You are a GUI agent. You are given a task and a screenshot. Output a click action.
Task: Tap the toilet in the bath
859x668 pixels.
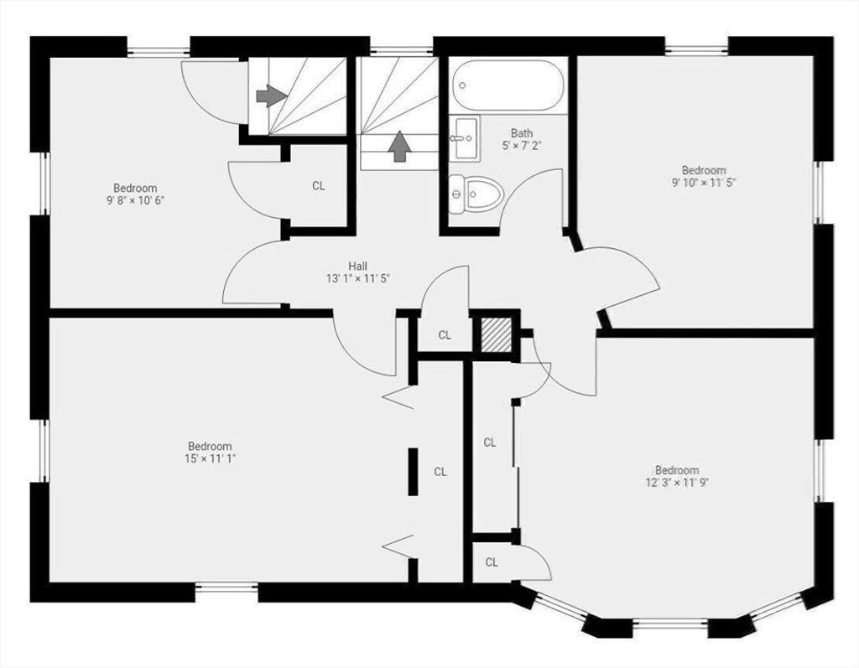[476, 194]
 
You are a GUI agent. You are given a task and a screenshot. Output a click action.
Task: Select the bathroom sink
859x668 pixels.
[465, 138]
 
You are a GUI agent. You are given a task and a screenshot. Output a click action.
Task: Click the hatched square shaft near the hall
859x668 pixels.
[496, 335]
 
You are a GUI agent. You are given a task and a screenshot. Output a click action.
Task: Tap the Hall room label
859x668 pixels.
[357, 266]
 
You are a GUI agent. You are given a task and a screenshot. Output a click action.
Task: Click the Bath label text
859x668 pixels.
[522, 133]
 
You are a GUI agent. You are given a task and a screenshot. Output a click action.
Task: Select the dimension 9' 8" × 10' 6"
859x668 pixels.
[135, 200]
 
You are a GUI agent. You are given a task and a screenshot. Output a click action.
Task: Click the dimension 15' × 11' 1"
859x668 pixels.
[210, 458]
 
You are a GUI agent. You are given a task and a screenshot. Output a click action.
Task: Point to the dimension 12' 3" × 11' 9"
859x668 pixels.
[677, 483]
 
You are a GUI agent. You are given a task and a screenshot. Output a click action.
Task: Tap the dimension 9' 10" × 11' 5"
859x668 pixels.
[704, 183]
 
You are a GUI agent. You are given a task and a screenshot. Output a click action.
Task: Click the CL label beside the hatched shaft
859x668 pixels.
[445, 335]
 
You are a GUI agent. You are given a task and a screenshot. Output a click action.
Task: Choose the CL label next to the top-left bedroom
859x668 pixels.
[318, 186]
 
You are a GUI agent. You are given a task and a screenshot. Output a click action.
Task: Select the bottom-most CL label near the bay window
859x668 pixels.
[492, 562]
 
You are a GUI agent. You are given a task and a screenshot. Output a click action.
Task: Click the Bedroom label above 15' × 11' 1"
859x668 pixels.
[210, 446]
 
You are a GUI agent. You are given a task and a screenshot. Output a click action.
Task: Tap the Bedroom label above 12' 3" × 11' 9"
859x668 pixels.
[677, 470]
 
